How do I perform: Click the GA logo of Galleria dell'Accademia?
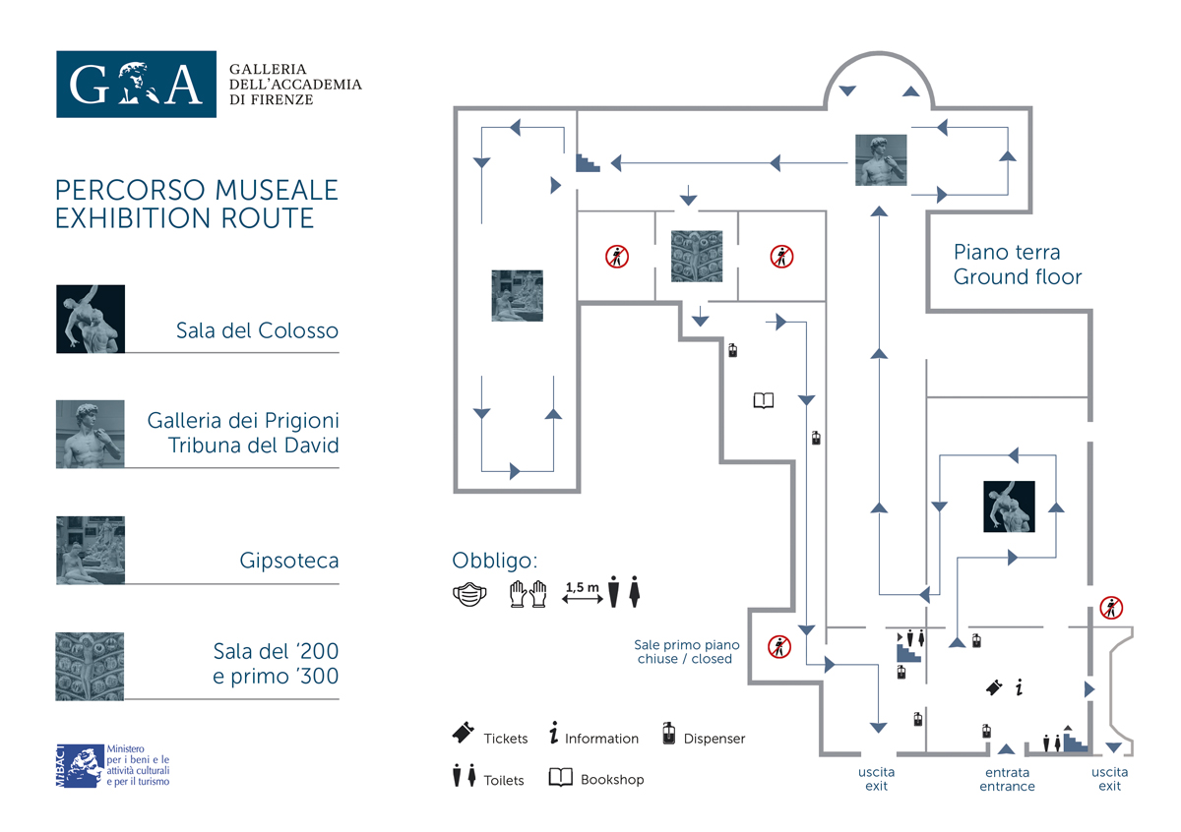136,85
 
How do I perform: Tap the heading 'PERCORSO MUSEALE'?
197,190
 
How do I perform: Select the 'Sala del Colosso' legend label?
257,330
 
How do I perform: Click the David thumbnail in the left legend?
91,434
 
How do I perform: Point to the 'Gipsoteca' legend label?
289,562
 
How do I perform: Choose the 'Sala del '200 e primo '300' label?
276,664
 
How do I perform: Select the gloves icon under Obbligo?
528,593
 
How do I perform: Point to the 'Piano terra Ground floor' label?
1018,265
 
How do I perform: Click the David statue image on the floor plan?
881,159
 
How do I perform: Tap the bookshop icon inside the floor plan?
764,400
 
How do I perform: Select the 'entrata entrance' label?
1007,779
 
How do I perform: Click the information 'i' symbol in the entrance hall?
1020,687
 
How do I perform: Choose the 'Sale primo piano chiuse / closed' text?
686,652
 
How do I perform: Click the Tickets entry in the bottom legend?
490,737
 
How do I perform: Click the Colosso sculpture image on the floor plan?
1010,506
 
